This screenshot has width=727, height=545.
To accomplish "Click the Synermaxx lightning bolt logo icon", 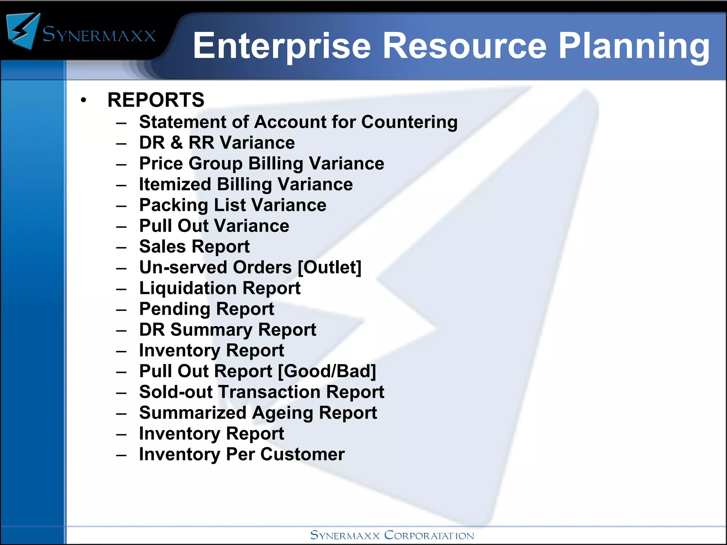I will click(x=23, y=31).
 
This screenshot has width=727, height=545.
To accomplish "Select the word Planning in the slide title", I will click(x=634, y=46).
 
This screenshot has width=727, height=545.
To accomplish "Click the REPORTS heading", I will click(x=156, y=100).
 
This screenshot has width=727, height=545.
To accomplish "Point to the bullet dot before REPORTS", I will click(x=83, y=100).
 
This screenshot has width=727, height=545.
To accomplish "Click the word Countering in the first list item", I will click(x=409, y=122).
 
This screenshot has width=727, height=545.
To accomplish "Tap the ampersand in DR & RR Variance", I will click(x=176, y=143).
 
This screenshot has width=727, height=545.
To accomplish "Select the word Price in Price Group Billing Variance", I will click(x=161, y=164).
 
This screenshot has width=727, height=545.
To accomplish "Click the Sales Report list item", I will click(x=194, y=247).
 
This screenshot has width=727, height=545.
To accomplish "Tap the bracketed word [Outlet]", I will click(x=329, y=268).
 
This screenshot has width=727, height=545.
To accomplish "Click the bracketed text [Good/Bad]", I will click(x=327, y=371).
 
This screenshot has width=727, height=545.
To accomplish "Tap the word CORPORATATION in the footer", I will click(x=429, y=535).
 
